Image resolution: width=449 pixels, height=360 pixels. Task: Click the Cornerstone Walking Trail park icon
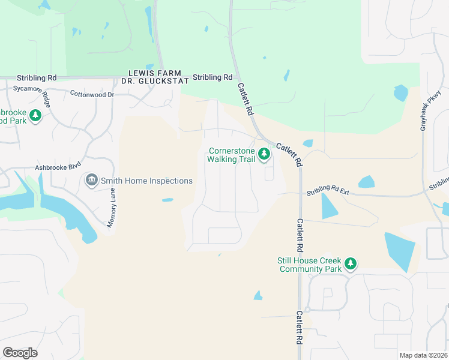tap(264, 155)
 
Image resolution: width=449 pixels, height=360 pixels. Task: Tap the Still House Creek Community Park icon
tap(351, 264)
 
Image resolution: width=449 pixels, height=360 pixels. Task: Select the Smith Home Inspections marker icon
tap(92, 180)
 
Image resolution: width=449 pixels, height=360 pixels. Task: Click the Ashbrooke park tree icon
tap(35, 115)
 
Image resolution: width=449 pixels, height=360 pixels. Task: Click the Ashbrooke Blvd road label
tap(58, 169)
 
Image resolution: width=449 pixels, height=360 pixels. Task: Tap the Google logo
tap(20, 353)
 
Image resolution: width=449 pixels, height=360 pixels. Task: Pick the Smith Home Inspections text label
tap(146, 181)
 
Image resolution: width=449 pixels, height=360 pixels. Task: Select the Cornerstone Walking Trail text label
tap(231, 155)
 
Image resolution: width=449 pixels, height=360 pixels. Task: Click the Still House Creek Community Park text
tap(309, 265)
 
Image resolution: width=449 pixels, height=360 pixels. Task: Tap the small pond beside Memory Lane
tap(167, 200)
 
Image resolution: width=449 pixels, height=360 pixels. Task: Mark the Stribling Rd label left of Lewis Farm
tap(37, 78)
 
